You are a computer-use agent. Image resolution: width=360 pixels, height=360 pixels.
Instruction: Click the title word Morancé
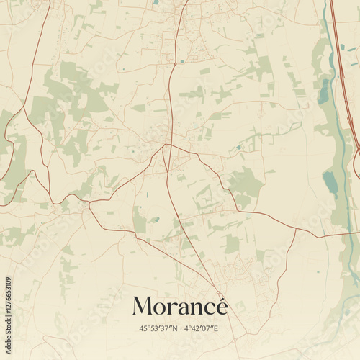[179, 306]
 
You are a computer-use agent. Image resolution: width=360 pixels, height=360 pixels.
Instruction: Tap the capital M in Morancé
[143, 306]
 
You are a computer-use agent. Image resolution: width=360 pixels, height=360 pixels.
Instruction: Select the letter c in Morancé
[207, 308]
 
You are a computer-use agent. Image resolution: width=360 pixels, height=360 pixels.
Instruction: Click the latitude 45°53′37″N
[157, 328]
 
